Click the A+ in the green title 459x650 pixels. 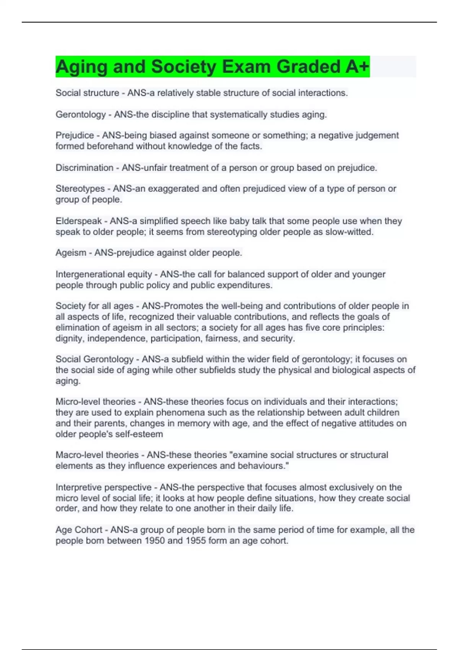click(x=357, y=67)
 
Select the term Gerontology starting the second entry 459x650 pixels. click(x=80, y=114)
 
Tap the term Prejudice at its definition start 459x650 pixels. click(x=75, y=135)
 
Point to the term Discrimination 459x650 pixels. click(x=84, y=167)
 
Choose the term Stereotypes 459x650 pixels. click(x=80, y=188)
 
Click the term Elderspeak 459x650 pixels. click(x=79, y=221)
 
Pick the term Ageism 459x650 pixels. click(x=71, y=253)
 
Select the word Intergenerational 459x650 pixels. click(x=90, y=274)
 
